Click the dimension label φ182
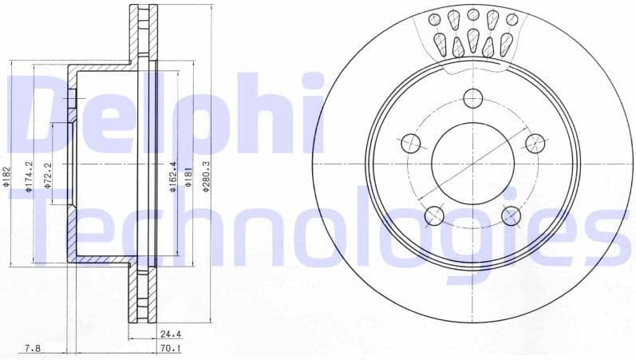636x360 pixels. pyautogui.click(x=6, y=176)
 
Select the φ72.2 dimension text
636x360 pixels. pyautogui.click(x=47, y=176)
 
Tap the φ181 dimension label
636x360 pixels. pyautogui.click(x=189, y=176)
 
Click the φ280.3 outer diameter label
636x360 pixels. pyautogui.click(x=207, y=176)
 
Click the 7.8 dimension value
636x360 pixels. pyautogui.click(x=33, y=348)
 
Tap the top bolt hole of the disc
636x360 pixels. pyautogui.click(x=473, y=98)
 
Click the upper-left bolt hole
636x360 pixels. pyautogui.click(x=410, y=143)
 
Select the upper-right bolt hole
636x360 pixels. pyautogui.click(x=535, y=143)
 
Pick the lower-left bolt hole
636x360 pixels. pyautogui.click(x=434, y=215)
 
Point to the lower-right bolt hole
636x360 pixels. pyautogui.click(x=512, y=215)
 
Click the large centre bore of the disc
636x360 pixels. pyautogui.click(x=473, y=163)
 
